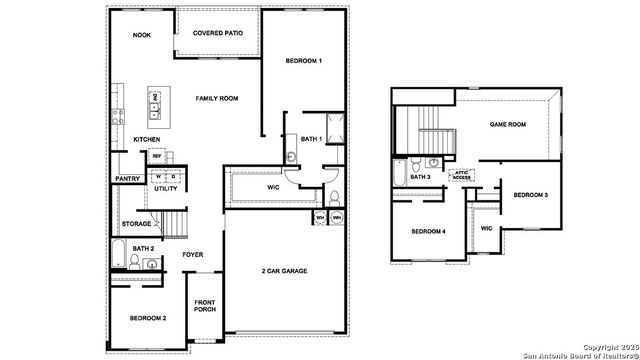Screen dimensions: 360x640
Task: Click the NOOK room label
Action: (x=141, y=35)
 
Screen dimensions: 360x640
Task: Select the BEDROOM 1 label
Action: (x=303, y=62)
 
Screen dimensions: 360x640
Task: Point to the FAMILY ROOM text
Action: (x=216, y=98)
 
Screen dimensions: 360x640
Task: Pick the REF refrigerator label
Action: (x=157, y=156)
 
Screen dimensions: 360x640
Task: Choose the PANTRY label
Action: (x=127, y=179)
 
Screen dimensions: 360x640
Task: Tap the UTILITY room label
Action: (x=166, y=188)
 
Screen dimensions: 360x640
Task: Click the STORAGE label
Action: (x=136, y=223)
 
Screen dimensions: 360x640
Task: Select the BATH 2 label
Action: (x=143, y=248)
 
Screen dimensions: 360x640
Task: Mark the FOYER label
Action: (x=193, y=254)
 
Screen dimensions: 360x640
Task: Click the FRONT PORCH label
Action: (x=204, y=306)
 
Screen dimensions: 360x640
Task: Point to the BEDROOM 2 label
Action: (x=147, y=317)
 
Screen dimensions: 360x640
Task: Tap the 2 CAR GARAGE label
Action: (x=284, y=271)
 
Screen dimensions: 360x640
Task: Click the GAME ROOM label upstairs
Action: (x=507, y=125)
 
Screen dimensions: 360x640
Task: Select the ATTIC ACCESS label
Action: (x=462, y=174)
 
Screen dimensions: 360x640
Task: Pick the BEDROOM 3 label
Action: (x=530, y=194)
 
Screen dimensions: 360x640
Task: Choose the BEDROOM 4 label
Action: (x=428, y=232)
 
